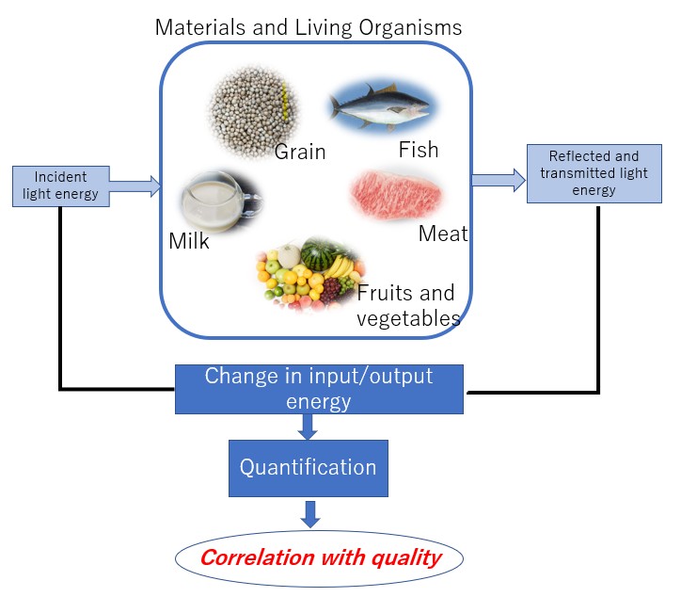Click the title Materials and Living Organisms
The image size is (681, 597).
[309, 26]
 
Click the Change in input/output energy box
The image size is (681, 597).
[319, 389]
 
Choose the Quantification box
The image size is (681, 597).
[308, 468]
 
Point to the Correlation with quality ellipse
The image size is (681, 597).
[319, 557]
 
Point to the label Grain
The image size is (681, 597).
[300, 151]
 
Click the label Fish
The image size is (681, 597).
[418, 149]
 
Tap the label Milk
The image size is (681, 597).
[189, 241]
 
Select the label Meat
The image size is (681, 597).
[442, 233]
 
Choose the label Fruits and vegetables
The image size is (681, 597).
[408, 305]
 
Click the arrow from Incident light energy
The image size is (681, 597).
[136, 186]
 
